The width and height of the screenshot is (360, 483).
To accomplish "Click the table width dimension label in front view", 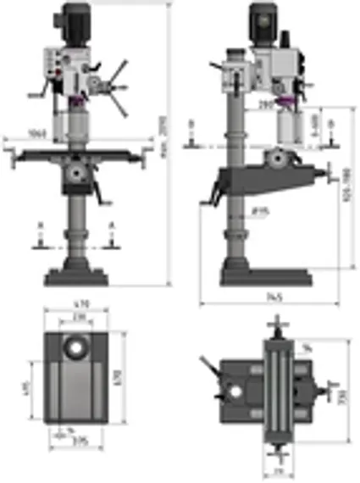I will point(36,133).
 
